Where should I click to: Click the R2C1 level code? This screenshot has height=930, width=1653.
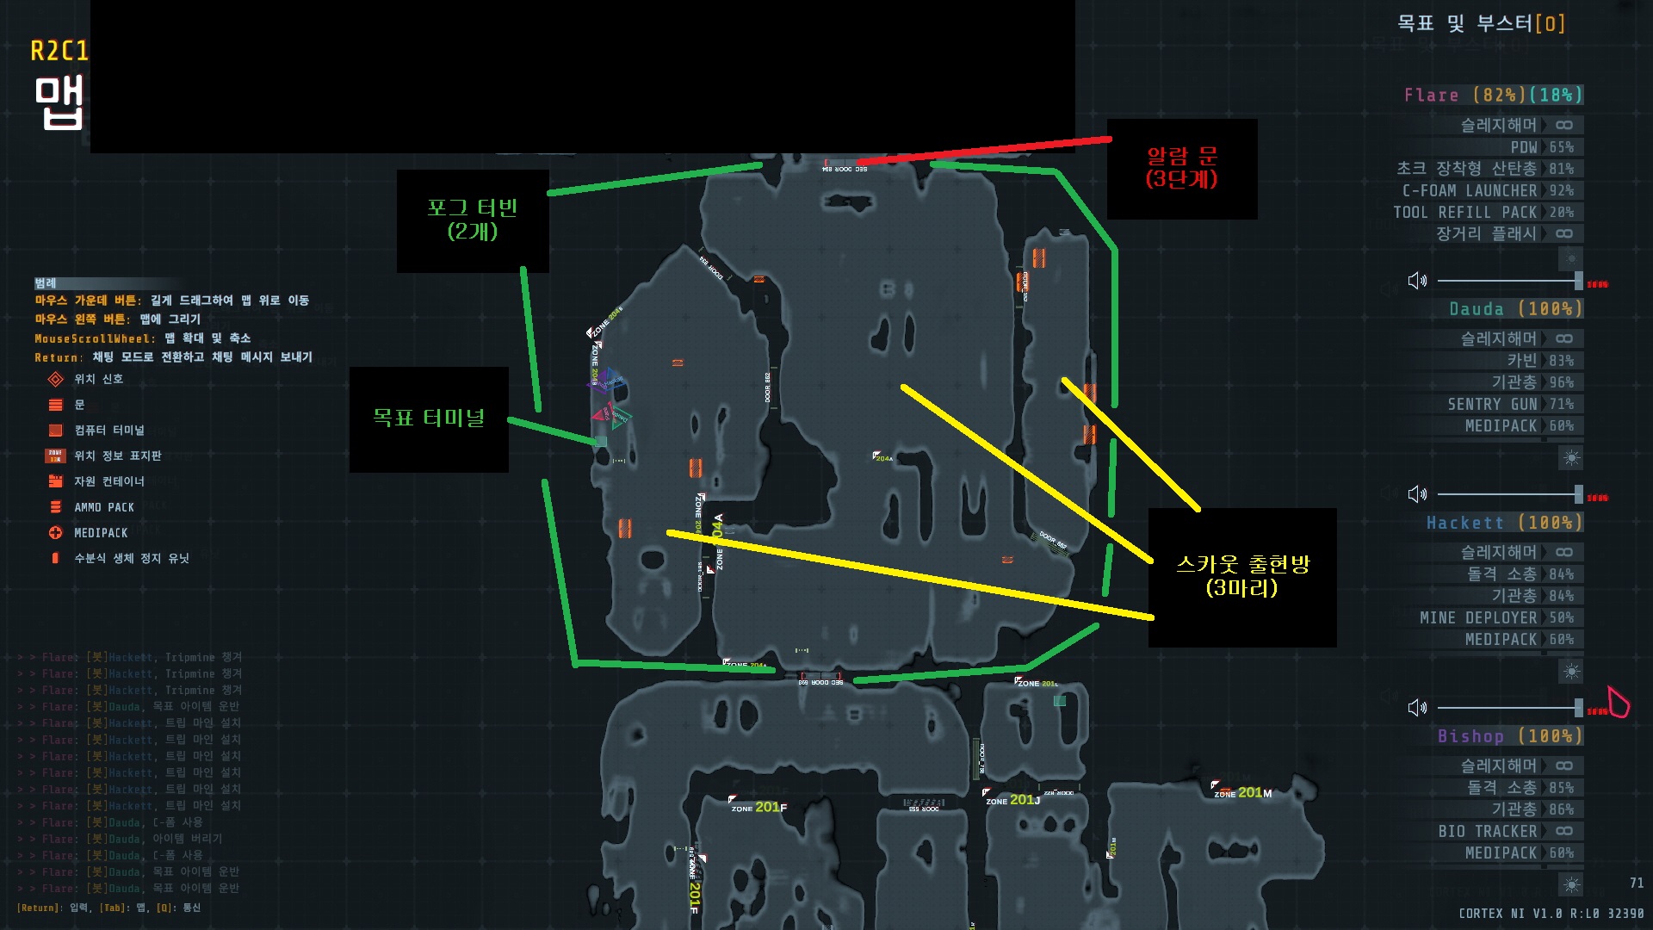(59, 52)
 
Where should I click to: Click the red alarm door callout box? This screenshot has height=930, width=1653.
(1181, 168)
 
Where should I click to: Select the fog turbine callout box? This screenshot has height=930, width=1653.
(473, 220)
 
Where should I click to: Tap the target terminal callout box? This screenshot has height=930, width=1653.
(429, 418)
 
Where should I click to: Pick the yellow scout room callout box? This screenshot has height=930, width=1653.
(1241, 577)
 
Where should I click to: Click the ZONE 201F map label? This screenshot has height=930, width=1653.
(758, 808)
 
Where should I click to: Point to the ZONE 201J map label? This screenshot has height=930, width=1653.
(1012, 800)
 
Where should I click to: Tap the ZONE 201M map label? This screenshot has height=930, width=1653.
(1242, 793)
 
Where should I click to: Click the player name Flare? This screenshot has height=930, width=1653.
(1431, 96)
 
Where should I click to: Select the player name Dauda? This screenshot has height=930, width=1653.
(1476, 309)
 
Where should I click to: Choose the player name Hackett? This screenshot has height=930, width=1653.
(1464, 523)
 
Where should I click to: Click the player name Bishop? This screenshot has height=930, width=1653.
(1470, 736)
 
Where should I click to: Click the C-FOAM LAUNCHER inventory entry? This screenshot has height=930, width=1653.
(1470, 190)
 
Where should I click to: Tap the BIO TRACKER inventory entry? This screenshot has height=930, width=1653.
(1487, 831)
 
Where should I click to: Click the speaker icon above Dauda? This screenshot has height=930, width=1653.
(1417, 281)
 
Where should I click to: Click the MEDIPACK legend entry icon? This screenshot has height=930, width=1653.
(56, 533)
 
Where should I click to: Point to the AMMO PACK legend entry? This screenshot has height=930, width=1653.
(103, 507)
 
